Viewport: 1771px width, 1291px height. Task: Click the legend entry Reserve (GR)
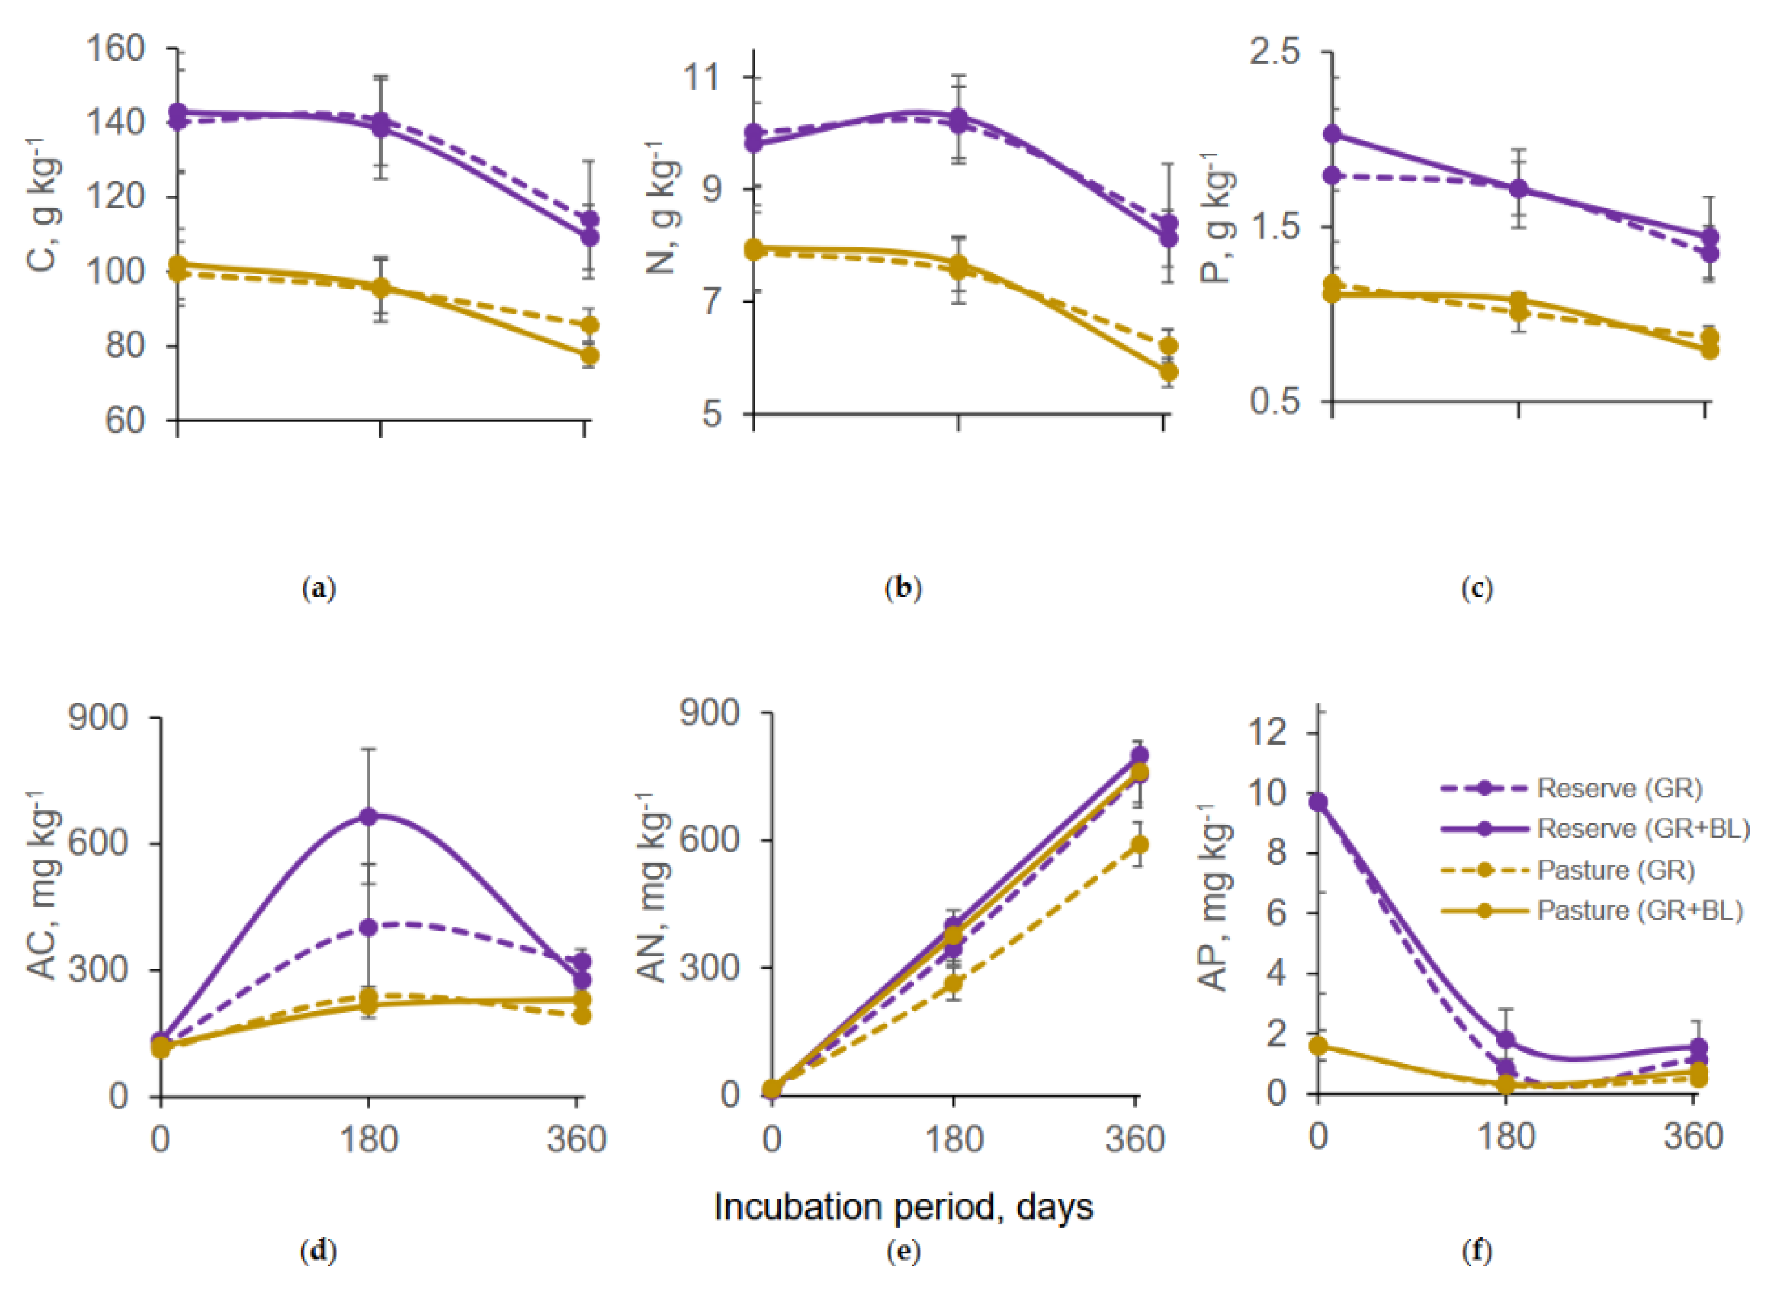1619,788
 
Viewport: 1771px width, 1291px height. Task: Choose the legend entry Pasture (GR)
1615,870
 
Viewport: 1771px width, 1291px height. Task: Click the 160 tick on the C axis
115,48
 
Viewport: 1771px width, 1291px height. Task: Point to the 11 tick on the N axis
701,77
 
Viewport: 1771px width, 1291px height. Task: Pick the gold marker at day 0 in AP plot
1319,1046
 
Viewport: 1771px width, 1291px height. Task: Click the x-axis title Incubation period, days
903,1206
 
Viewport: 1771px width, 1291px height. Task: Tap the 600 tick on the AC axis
98,843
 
